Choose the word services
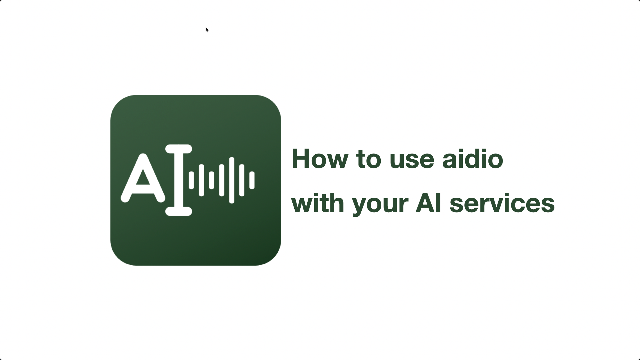coord(502,204)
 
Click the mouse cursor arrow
coord(207,30)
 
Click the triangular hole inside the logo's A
coord(143,178)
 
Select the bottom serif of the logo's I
coord(179,211)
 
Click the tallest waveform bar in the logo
coord(232,180)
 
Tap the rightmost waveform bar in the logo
coord(252,180)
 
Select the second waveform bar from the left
coord(201,180)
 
